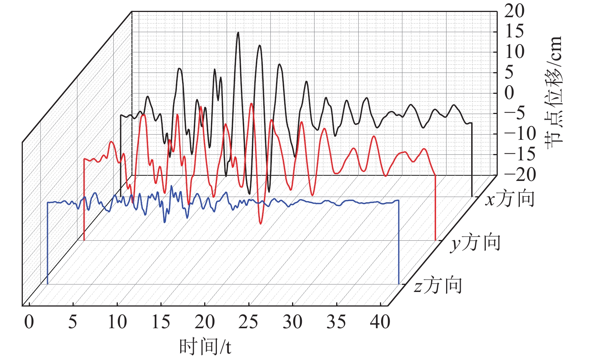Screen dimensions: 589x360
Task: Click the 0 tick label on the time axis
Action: tap(29, 322)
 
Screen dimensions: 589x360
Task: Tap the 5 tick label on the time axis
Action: tap(73, 322)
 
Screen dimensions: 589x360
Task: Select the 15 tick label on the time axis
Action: tap(161, 322)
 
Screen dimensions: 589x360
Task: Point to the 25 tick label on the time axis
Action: tap(248, 322)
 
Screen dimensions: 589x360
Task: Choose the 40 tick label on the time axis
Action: tap(380, 322)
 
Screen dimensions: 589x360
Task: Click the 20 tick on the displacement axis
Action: tap(514, 11)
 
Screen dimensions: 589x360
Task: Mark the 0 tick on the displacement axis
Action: tap(509, 93)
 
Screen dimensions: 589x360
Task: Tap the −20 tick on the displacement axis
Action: tap(519, 175)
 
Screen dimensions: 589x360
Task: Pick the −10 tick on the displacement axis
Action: tap(519, 134)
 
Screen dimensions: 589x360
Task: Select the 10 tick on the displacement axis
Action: tap(514, 52)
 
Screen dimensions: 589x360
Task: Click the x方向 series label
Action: tap(510, 199)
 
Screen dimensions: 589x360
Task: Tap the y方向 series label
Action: tap(475, 243)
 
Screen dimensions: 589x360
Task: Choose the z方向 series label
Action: tap(438, 285)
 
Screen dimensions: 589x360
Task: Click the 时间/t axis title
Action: tap(205, 347)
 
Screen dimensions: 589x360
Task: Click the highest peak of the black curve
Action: tap(238, 32)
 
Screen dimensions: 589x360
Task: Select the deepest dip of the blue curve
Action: tap(165, 222)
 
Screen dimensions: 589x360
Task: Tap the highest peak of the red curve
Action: tap(252, 104)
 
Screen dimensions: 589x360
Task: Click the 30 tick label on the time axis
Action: tap(292, 322)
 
